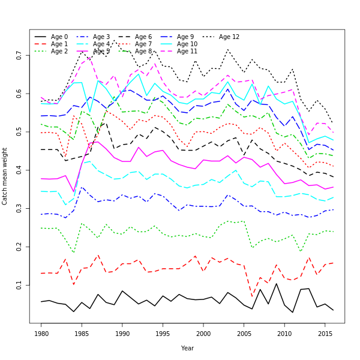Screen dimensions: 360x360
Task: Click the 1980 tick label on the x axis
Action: point(41,332)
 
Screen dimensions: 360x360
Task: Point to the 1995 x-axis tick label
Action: point(163,332)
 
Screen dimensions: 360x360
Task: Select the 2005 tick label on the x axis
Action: point(244,332)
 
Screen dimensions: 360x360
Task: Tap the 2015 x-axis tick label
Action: point(325,332)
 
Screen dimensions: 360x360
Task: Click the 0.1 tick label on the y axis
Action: point(20,285)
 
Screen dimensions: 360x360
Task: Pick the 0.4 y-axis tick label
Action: point(20,170)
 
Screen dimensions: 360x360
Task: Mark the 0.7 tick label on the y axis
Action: point(20,55)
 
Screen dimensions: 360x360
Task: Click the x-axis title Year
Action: point(187,348)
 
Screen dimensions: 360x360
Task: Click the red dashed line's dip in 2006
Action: point(252,296)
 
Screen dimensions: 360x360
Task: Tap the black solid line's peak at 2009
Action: point(276,283)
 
